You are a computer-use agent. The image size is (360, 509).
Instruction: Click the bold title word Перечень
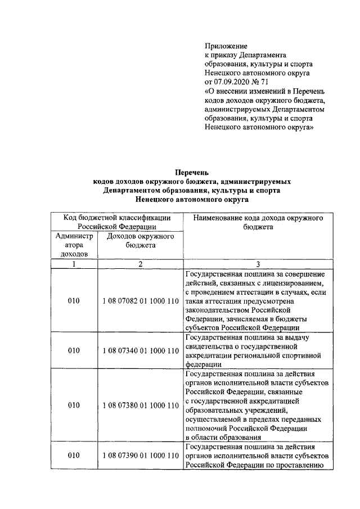(192, 173)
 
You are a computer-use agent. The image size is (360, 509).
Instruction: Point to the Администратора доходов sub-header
(74, 245)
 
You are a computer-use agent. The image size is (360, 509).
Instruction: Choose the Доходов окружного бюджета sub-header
(140, 241)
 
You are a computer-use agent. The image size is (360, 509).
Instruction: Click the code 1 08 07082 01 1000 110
(140, 301)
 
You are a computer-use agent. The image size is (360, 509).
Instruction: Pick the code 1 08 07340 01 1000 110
(140, 350)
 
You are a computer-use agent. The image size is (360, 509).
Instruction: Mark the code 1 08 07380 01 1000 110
(140, 405)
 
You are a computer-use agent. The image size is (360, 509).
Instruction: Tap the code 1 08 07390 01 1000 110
(140, 455)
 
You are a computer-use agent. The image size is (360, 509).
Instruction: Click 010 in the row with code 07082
(74, 301)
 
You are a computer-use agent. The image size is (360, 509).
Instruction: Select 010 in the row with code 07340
(74, 350)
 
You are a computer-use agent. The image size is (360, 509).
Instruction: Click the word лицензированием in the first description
(291, 283)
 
